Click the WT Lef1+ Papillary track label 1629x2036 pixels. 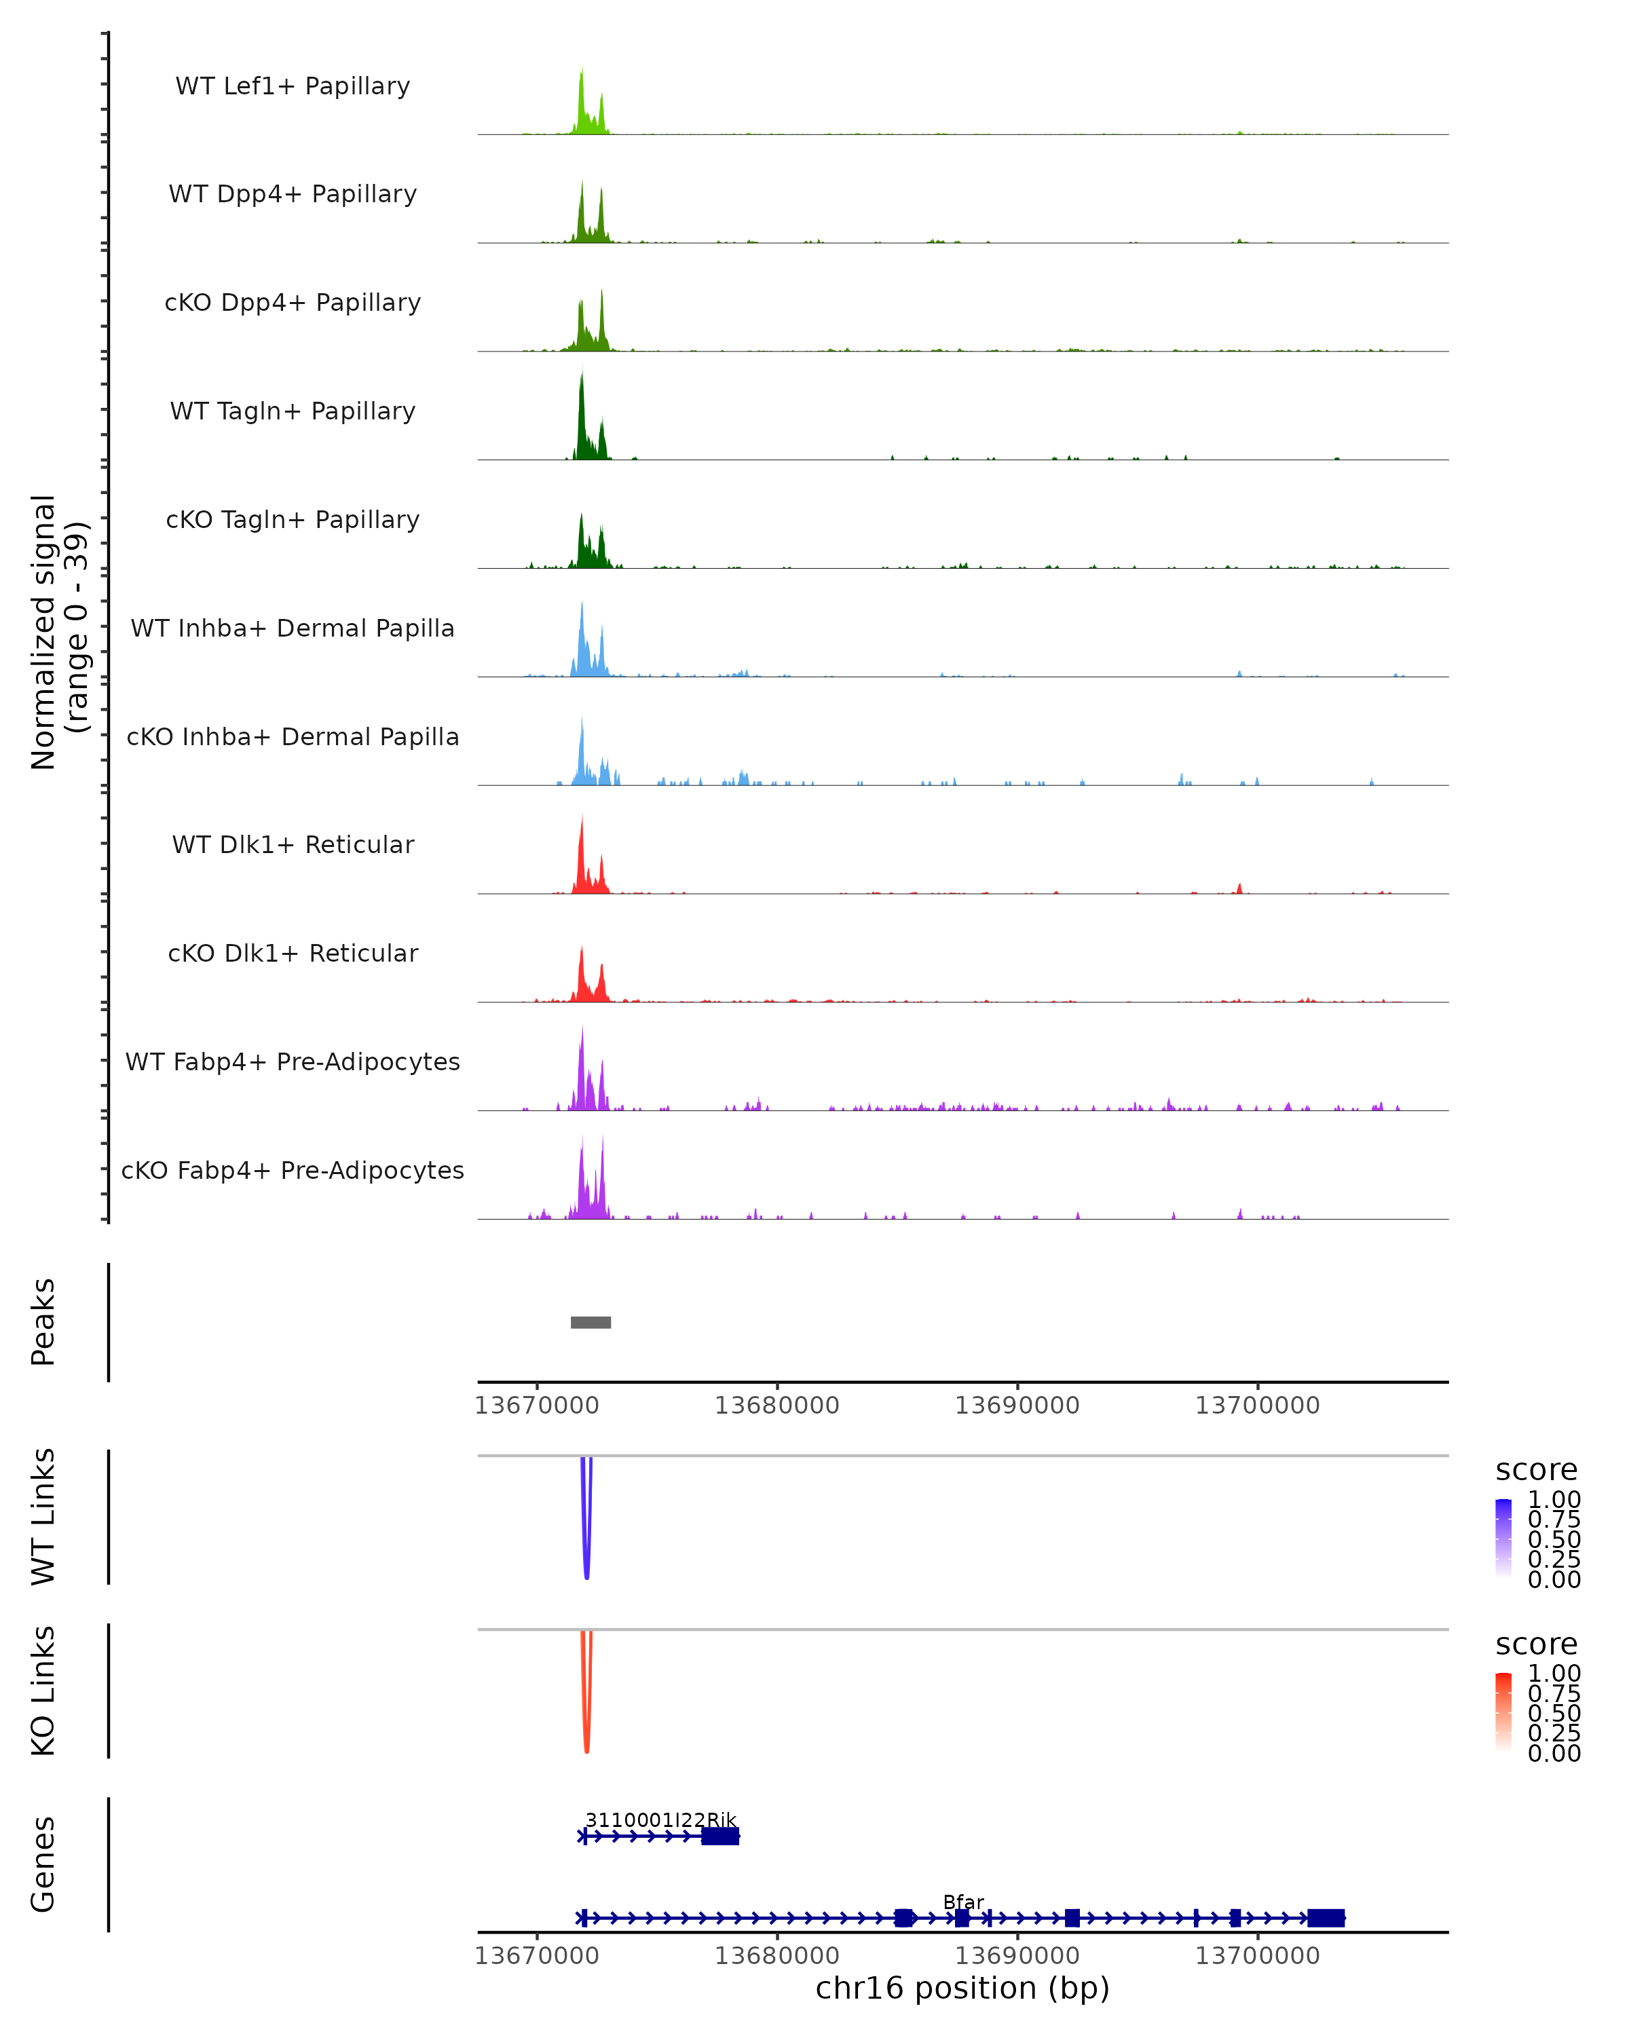pos(293,86)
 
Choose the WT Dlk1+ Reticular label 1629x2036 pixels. pos(293,844)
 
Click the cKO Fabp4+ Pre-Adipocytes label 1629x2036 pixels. pos(293,1170)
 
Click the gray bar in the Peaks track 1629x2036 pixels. pos(591,1322)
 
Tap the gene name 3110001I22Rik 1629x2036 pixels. pos(660,1820)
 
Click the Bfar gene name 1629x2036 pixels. pos(963,1902)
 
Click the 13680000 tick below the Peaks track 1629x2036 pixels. pos(776,1406)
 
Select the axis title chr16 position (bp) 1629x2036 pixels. pos(962,1988)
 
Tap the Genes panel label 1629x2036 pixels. pos(43,1864)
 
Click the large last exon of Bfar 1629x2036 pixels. pos(1326,1918)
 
